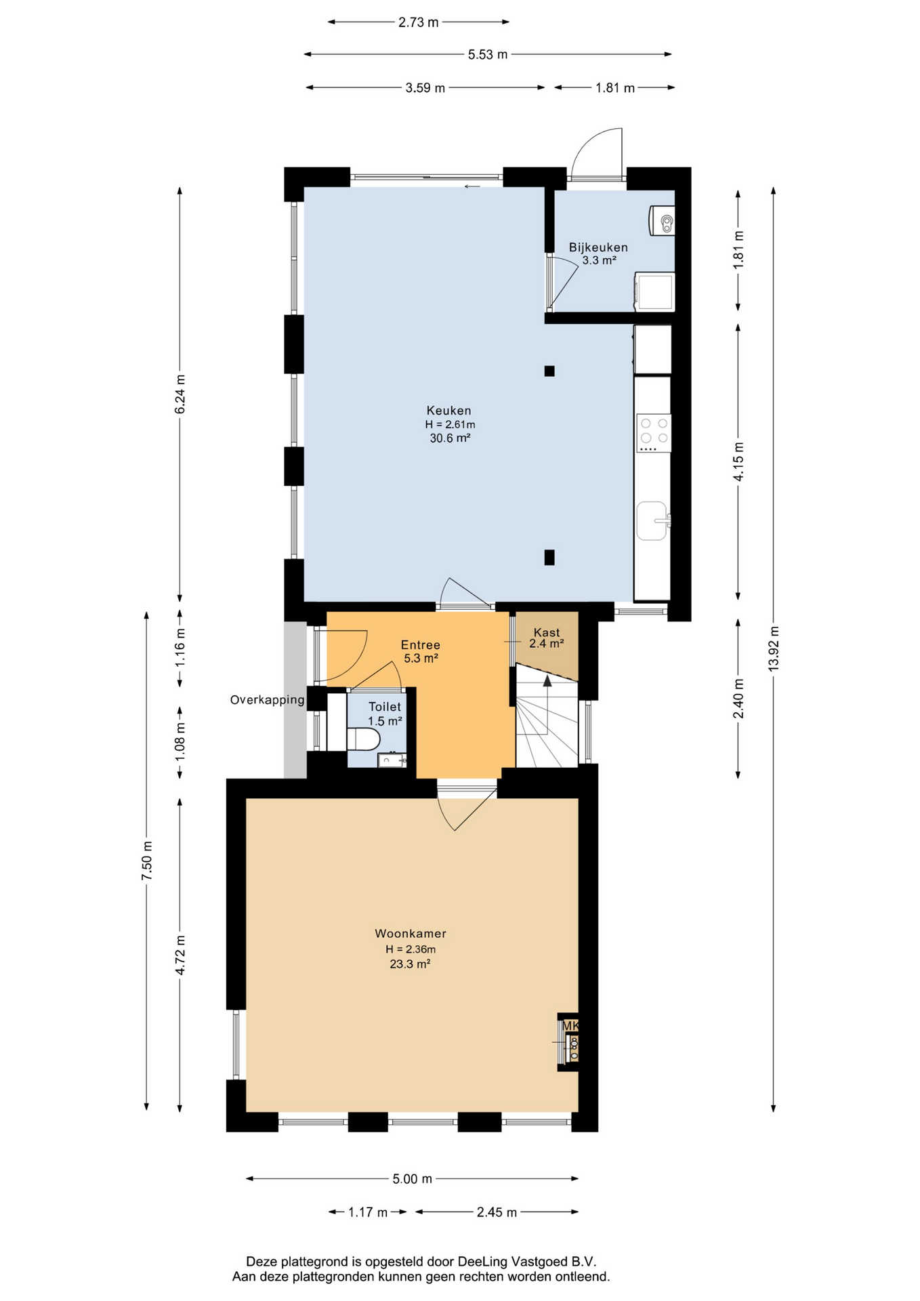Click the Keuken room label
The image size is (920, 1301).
[448, 411]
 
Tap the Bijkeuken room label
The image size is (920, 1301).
[598, 247]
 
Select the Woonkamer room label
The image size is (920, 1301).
[411, 934]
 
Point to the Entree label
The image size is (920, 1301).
[420, 645]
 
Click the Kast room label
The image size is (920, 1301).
[547, 632]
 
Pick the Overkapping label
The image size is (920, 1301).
[267, 701]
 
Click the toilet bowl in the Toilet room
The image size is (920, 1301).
[363, 739]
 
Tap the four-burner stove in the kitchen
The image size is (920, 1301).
[654, 433]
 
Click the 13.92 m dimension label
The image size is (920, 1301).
[774, 649]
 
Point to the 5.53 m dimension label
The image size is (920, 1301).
[488, 55]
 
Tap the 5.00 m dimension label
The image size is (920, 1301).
[412, 1179]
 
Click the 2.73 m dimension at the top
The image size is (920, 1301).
[418, 22]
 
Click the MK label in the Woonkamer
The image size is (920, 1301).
[570, 1027]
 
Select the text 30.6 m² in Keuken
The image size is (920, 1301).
[450, 438]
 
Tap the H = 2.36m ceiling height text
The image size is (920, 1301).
[411, 949]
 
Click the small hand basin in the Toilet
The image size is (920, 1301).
[392, 760]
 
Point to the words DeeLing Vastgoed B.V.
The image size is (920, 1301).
[527, 1262]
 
